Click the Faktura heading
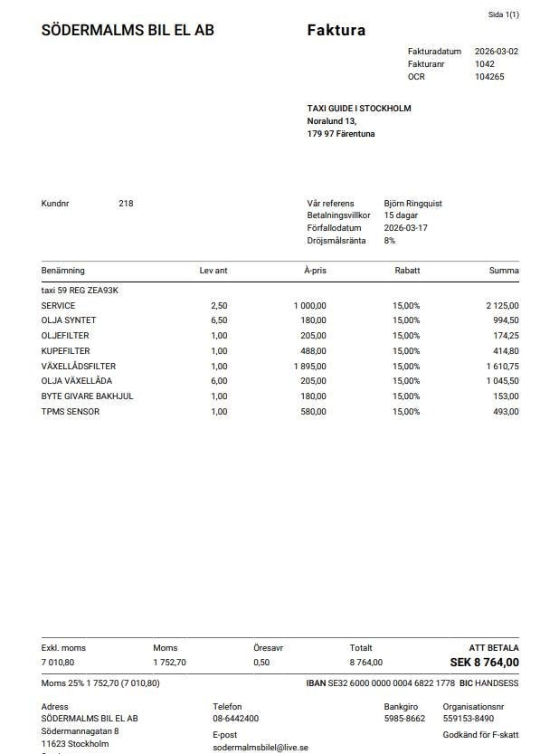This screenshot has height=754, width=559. tap(336, 30)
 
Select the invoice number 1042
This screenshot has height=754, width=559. tap(484, 64)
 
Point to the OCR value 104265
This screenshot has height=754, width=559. tap(489, 77)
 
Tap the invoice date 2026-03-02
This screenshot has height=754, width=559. tap(497, 52)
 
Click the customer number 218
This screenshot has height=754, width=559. tap(126, 204)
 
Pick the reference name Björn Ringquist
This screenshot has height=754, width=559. tap(412, 204)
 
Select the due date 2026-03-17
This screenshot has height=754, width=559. tap(405, 228)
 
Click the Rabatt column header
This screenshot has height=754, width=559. tap(407, 271)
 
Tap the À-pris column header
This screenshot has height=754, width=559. tap(315, 271)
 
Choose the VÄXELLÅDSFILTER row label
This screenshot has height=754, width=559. tap(79, 366)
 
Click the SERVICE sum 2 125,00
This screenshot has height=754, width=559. tap(502, 306)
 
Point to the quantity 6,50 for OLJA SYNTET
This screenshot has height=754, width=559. tap(219, 320)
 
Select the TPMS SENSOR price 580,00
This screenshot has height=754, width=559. tap(312, 412)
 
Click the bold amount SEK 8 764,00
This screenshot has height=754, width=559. tap(484, 663)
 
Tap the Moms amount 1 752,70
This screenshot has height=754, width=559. tap(169, 663)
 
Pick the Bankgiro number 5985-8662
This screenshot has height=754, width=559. tap(404, 719)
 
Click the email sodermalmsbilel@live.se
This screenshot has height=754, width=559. tap(261, 748)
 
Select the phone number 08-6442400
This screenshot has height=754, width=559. tap(235, 719)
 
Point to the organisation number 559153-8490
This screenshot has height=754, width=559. tap(468, 719)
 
